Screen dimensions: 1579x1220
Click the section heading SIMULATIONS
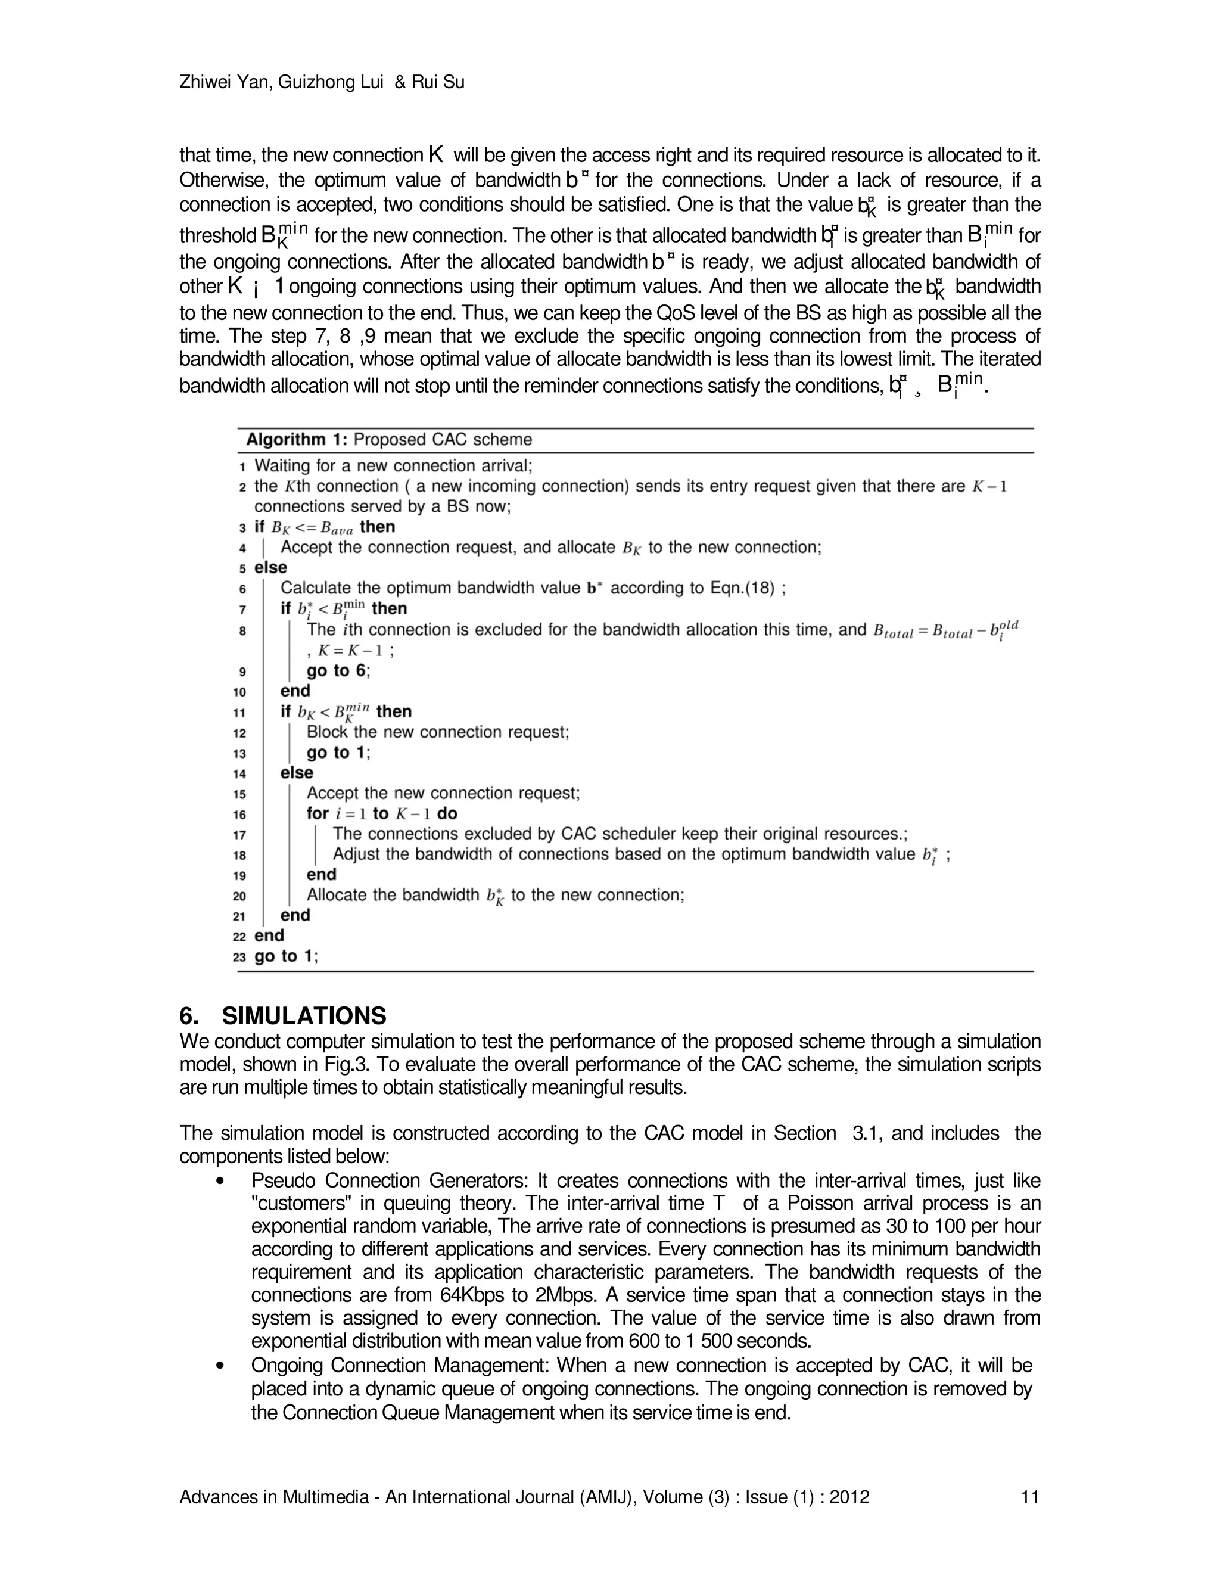click(304, 1016)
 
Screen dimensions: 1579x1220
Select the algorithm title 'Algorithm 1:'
click(296, 440)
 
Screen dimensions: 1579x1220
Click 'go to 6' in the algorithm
click(337, 670)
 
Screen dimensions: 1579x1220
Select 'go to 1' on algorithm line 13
click(337, 753)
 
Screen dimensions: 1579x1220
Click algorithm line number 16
click(239, 815)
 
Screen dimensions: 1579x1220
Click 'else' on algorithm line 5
click(270, 567)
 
